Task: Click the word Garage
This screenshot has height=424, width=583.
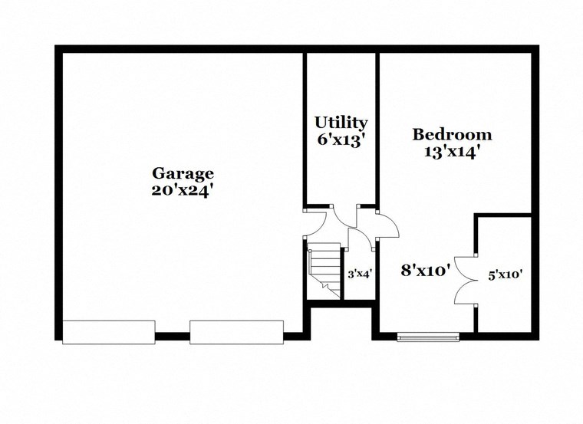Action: point(182,173)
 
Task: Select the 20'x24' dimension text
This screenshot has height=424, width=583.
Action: point(182,189)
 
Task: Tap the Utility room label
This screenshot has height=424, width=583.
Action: point(341,123)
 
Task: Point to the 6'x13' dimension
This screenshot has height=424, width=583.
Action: point(341,140)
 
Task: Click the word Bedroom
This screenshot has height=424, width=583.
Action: point(452,135)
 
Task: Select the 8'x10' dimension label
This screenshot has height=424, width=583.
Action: point(424,270)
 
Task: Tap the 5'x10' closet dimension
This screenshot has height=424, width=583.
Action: point(506,273)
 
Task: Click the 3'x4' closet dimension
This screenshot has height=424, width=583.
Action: point(360,274)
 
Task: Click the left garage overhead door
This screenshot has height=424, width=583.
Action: point(108,331)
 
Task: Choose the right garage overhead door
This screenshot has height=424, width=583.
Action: point(236,331)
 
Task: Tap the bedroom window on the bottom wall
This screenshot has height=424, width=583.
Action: point(428,336)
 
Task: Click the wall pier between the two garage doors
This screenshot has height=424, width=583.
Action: point(173,335)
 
